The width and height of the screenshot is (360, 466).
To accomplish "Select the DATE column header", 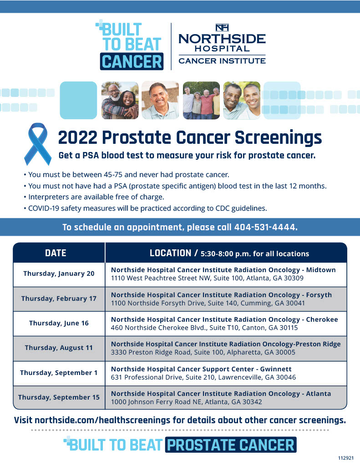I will [x=56, y=253].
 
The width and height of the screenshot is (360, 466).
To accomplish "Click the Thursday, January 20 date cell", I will [x=59, y=274].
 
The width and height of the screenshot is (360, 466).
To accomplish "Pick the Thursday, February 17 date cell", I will [x=59, y=299].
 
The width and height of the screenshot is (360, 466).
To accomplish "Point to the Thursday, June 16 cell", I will [x=59, y=323].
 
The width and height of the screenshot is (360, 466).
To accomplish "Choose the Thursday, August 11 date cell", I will [x=59, y=348].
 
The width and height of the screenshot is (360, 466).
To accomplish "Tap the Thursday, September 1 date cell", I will [x=59, y=373].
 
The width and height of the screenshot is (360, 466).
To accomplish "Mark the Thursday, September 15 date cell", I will [x=59, y=397].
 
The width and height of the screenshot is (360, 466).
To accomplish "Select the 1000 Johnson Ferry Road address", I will [x=187, y=402].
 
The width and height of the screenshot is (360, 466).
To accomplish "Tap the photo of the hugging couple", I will [x=120, y=100].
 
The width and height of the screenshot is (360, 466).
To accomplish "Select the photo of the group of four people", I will [x=201, y=100].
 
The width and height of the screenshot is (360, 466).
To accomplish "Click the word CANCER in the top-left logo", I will [x=132, y=61].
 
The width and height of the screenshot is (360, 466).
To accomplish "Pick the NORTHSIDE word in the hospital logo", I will [x=222, y=39].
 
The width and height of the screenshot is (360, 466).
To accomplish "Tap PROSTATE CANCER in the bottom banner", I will [x=231, y=445].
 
